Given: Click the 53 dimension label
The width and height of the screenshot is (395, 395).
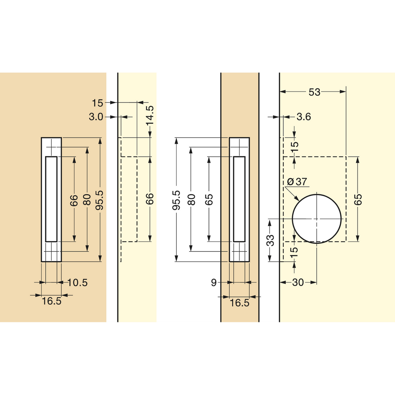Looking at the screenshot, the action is tap(314, 92).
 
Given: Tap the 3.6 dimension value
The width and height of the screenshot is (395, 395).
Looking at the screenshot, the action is tap(304, 117).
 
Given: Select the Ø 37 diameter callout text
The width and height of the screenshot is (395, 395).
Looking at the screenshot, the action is tap(297, 182).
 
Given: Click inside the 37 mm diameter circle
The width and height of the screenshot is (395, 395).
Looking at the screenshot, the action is tap(317, 219).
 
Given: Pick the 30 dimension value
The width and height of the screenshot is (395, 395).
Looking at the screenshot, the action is tap(298, 282).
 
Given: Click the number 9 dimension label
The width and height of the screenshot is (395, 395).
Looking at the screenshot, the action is tap(214, 283).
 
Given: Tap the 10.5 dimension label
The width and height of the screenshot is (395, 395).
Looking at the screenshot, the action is tap(77, 283).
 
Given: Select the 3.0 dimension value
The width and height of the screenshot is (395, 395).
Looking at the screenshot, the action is tap(96, 117).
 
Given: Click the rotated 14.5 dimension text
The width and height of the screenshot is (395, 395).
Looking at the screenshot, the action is tap(150, 116).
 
